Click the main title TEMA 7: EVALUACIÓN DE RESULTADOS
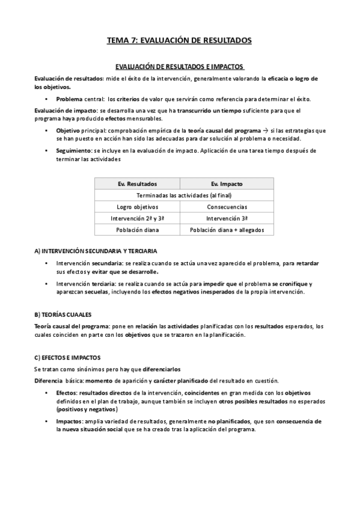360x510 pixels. pyautogui.click(x=179, y=40)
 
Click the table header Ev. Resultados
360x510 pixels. pyautogui.click(x=137, y=183)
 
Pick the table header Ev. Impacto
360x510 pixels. pyautogui.click(x=227, y=183)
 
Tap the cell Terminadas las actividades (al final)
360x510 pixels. pyautogui.click(x=184, y=195)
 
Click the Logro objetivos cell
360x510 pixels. pyautogui.click(x=137, y=207)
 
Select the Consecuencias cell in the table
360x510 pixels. pyautogui.click(x=227, y=207)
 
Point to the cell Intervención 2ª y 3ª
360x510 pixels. pyautogui.click(x=137, y=218)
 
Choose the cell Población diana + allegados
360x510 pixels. pyautogui.click(x=227, y=230)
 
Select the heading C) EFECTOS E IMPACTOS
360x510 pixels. pyautogui.click(x=67, y=357)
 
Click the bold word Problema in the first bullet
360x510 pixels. pyautogui.click(x=70, y=99)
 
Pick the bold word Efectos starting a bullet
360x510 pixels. pyautogui.click(x=66, y=393)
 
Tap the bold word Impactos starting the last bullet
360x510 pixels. pyautogui.click(x=69, y=421)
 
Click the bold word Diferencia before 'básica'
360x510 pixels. pyautogui.click(x=49, y=381)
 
